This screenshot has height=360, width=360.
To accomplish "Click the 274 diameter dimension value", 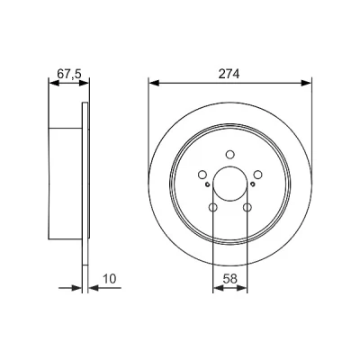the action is click(x=229, y=74).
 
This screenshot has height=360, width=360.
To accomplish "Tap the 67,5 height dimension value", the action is click(x=69, y=74).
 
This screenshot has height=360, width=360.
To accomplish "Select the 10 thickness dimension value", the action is click(x=109, y=279).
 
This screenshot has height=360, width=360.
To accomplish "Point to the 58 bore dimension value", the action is click(x=230, y=279).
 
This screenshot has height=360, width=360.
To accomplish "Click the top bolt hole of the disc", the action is click(x=230, y=154).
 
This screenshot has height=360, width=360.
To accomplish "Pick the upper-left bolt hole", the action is click(x=202, y=175).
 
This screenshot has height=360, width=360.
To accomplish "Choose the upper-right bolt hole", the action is click(x=257, y=175).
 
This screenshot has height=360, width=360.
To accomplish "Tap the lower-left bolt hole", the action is click(x=213, y=207).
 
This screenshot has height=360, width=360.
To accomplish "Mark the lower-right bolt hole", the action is click(x=247, y=207).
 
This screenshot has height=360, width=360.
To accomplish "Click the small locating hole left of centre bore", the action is click(x=207, y=184).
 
